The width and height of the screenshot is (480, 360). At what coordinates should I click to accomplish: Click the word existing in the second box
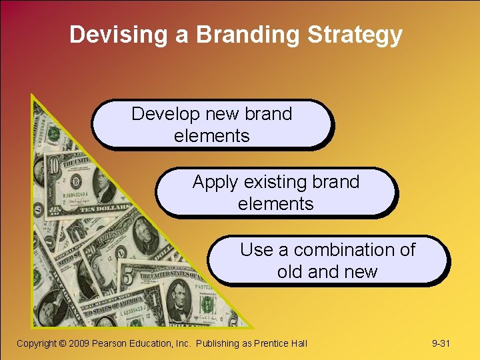tap(279, 182)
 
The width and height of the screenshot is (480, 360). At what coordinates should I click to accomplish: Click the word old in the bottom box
tap(290, 272)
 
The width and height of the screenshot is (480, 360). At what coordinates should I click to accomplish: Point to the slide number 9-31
tap(441, 343)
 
